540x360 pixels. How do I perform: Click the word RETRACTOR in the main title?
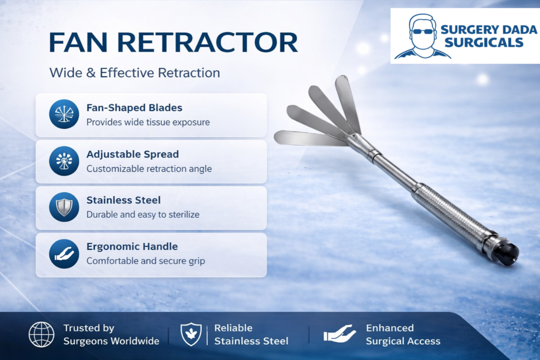click(207, 42)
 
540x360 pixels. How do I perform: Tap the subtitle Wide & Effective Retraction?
click(134, 73)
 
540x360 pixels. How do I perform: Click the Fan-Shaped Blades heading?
click(134, 108)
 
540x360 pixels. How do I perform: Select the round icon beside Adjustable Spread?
click(64, 161)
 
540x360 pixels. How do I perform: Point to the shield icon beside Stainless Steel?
click(64, 207)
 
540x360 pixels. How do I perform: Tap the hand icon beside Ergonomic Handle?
click(64, 254)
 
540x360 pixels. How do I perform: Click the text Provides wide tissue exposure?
click(148, 122)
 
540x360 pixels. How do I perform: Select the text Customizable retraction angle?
click(149, 169)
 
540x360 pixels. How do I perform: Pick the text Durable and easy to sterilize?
click(143, 215)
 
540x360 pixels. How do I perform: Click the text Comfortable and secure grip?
click(146, 261)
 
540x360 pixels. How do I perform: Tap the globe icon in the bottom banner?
click(41, 335)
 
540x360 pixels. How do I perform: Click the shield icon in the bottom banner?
click(191, 334)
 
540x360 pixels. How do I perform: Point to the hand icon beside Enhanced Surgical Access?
click(340, 334)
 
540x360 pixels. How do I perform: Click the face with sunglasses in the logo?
click(422, 36)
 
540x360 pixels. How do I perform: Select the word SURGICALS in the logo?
click(484, 43)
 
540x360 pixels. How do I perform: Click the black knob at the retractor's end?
click(508, 254)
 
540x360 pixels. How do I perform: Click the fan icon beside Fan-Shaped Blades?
click(64, 114)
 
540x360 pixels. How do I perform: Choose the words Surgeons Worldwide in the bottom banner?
click(111, 341)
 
